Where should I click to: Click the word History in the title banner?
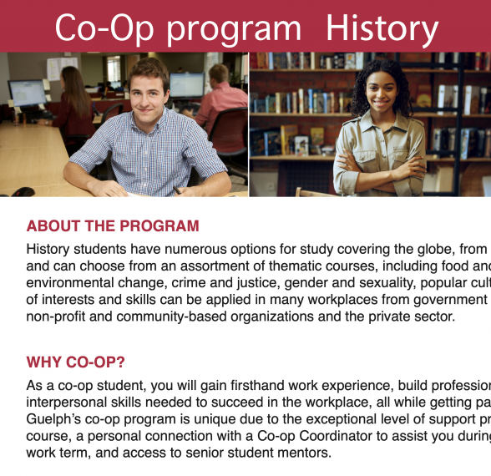pyautogui.click(x=382, y=28)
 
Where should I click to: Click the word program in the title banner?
pyautogui.click(x=233, y=31)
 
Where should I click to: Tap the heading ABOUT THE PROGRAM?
pyautogui.click(x=113, y=225)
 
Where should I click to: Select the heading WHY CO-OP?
pyautogui.click(x=75, y=362)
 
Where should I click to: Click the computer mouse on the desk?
pyautogui.click(x=23, y=192)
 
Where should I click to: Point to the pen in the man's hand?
pyautogui.click(x=177, y=190)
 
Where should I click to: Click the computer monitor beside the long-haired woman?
pyautogui.click(x=28, y=94)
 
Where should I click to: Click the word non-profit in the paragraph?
pyautogui.click(x=55, y=316)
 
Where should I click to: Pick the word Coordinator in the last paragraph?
pyautogui.click(x=336, y=436)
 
